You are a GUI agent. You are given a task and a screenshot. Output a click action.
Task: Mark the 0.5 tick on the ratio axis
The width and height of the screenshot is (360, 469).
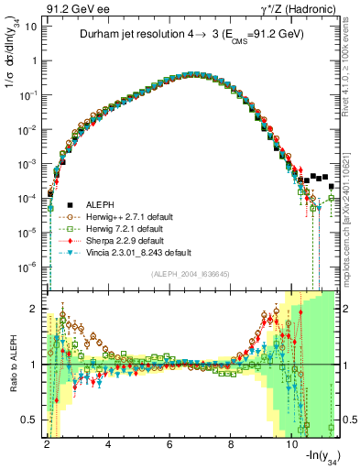click(x=29, y=420)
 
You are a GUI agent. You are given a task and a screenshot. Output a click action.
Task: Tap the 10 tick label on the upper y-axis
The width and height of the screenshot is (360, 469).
click(x=31, y=27)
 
